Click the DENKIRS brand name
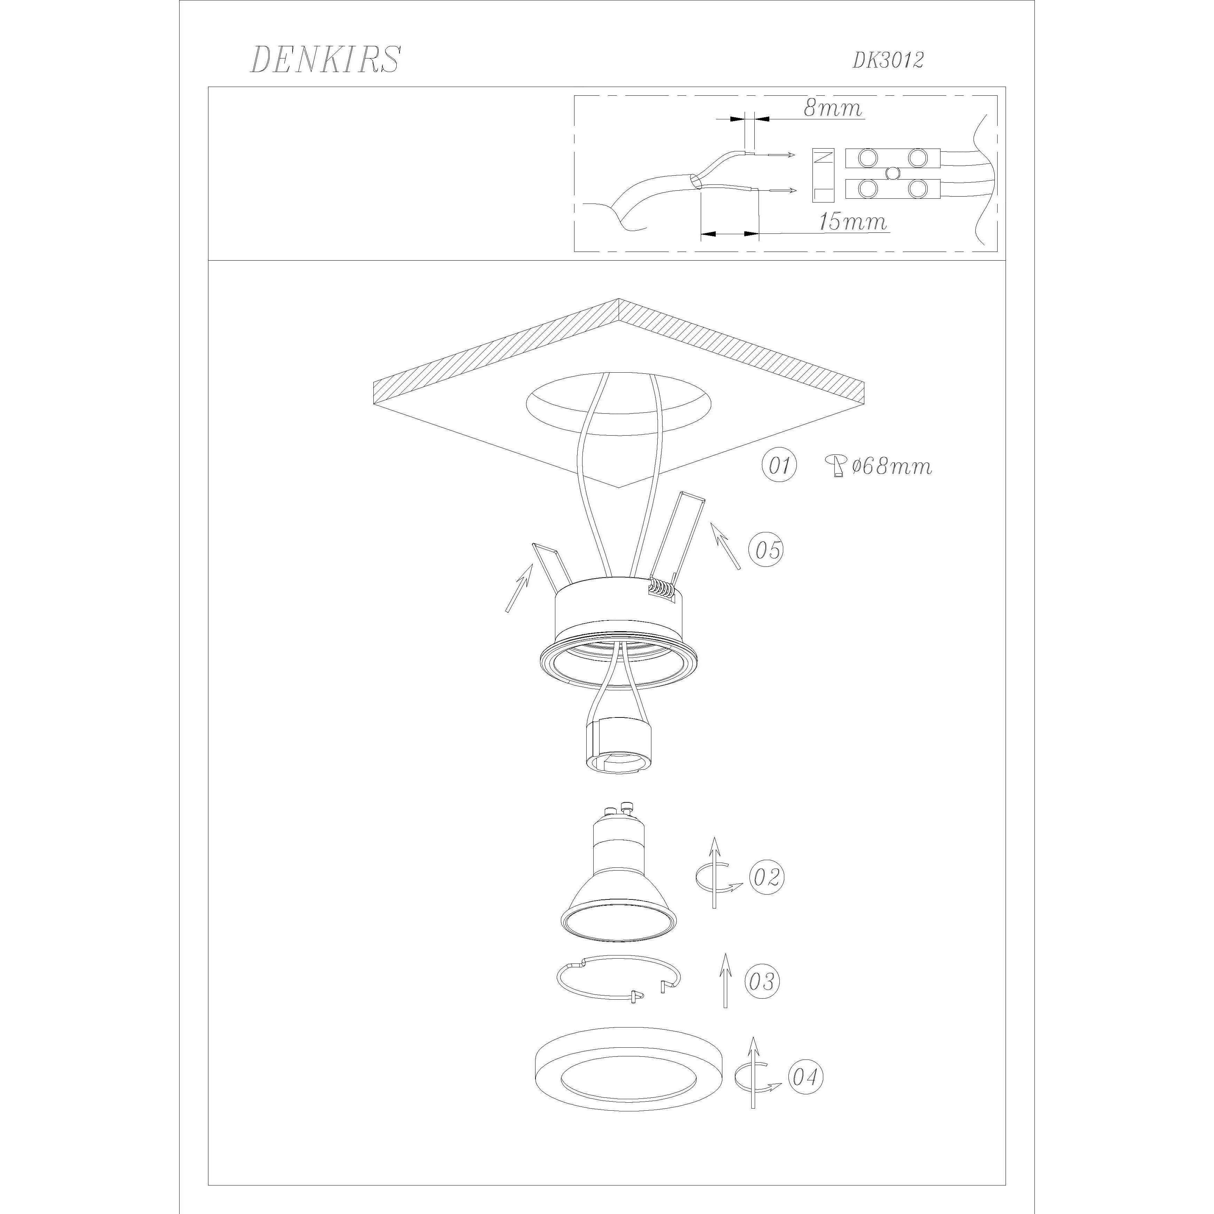tap(325, 60)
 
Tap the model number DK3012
tap(888, 60)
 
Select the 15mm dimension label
tap(853, 221)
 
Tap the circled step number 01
tap(779, 466)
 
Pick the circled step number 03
tap(763, 981)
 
